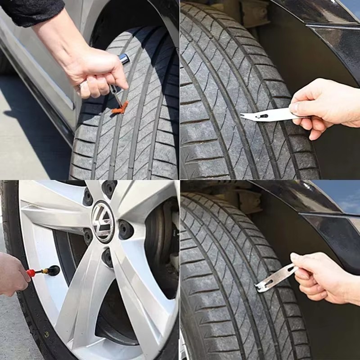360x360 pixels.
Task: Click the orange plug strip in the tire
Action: click(120, 108)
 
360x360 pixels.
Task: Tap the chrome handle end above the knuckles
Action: click(124, 58)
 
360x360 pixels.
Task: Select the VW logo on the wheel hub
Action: click(103, 221)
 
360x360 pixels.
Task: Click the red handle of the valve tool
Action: click(31, 273)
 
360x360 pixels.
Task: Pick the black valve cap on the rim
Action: click(53, 270)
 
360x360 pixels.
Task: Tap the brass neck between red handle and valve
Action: click(41, 272)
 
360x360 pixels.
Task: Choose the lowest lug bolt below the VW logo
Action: click(107, 257)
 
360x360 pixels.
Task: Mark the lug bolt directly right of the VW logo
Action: click(126, 229)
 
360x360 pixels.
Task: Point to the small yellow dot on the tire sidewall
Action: click(46, 334)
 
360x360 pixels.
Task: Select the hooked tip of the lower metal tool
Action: click(260, 287)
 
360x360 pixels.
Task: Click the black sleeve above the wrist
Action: click(31, 11)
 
